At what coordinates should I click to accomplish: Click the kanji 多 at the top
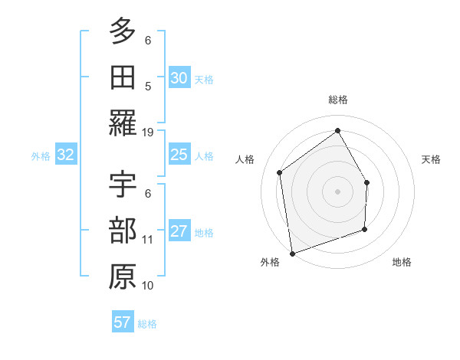point(123,32)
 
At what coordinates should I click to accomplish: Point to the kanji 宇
point(123,185)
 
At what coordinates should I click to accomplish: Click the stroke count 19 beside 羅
point(148,132)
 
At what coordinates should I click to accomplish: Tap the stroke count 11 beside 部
point(148,239)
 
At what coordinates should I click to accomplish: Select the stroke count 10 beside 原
point(148,285)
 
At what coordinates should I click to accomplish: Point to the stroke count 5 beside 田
point(148,86)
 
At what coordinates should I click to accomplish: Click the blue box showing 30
point(179,78)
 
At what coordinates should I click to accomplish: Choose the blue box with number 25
point(179,155)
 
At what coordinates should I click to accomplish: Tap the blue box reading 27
point(179,231)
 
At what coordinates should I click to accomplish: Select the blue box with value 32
point(65,155)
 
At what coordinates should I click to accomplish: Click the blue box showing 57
point(122,322)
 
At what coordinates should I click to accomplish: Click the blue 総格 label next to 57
point(147,324)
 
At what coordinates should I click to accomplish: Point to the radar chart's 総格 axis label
point(337,100)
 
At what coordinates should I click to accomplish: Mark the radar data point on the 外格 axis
point(292,252)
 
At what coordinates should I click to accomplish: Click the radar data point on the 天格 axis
point(366,182)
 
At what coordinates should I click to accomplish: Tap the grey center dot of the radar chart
point(337,191)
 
